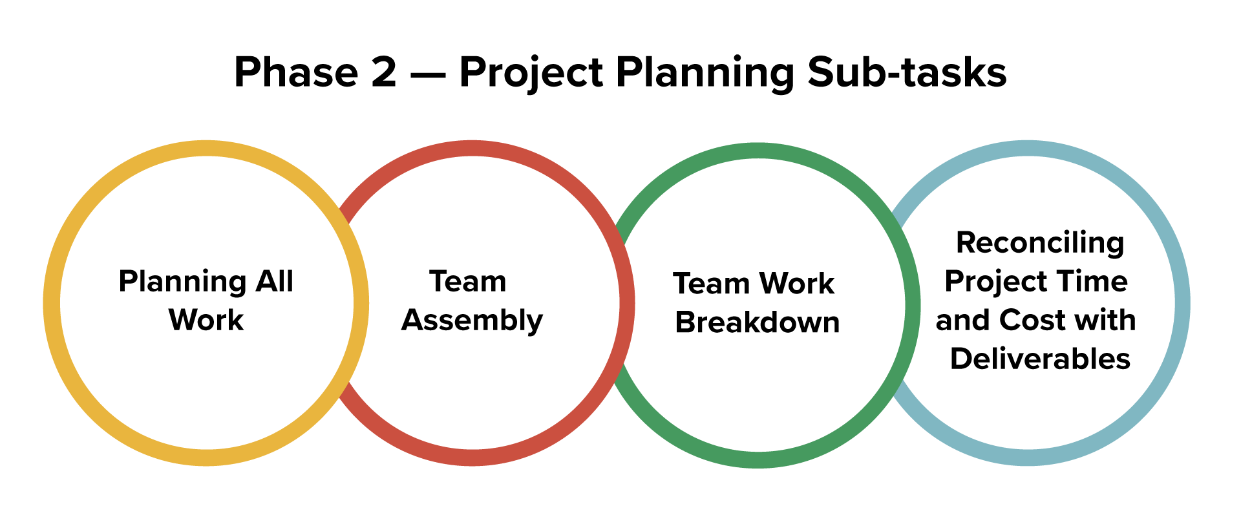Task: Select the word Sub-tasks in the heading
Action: pyautogui.click(x=907, y=72)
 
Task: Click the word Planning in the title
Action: pyautogui.click(x=705, y=73)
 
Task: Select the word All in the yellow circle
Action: pyautogui.click(x=275, y=281)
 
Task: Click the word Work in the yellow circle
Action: pyautogui.click(x=206, y=320)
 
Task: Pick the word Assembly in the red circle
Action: pyautogui.click(x=472, y=321)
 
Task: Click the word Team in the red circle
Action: pyautogui.click(x=468, y=281)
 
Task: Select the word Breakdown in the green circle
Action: pyautogui.click(x=757, y=322)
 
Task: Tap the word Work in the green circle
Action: pyautogui.click(x=796, y=284)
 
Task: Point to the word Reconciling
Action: pyautogui.click(x=1040, y=244)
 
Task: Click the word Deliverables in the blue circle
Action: pyautogui.click(x=1040, y=359)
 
